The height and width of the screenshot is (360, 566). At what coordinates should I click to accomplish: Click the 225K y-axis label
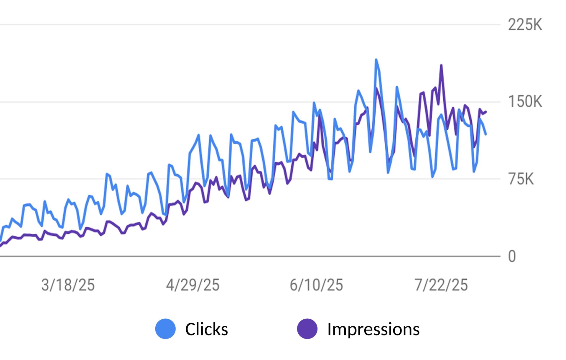(525, 25)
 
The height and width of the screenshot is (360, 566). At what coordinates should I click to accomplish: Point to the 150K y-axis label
(525, 102)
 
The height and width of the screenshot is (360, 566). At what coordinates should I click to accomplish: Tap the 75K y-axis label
(521, 179)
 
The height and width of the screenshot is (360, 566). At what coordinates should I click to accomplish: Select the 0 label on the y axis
(512, 257)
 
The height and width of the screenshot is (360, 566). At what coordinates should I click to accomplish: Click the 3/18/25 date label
(68, 285)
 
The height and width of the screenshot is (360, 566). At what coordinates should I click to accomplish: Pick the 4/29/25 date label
(193, 285)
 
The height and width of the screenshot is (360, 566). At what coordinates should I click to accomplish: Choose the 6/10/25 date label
(316, 285)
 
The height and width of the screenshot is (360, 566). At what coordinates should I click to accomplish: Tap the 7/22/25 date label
(441, 285)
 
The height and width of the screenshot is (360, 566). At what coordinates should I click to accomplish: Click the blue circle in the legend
(165, 329)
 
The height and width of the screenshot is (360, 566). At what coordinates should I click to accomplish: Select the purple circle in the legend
(307, 329)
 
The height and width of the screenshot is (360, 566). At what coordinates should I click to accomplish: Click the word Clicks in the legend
(206, 329)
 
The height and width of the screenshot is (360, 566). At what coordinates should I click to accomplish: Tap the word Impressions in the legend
(373, 329)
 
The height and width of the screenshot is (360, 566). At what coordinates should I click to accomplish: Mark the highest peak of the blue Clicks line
(376, 60)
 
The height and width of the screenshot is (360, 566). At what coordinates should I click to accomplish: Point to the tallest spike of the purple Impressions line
(441, 65)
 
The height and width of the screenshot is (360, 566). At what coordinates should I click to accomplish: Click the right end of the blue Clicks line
(486, 134)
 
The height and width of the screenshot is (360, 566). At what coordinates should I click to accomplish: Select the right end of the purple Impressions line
(486, 112)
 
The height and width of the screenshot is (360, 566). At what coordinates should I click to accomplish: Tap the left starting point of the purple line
(1, 245)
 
